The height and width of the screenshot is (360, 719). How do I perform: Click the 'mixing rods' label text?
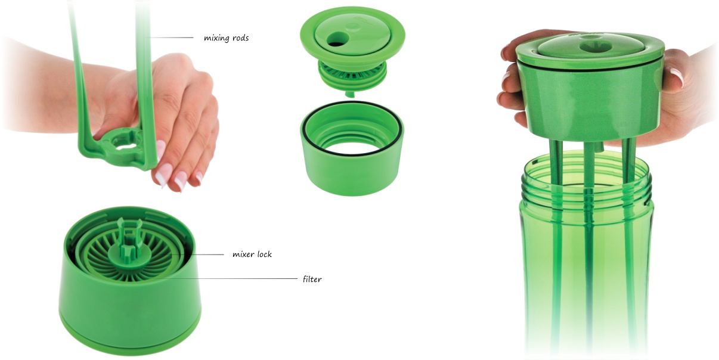227,38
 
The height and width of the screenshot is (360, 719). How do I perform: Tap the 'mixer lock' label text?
252,255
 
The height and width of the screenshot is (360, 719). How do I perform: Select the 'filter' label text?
312,279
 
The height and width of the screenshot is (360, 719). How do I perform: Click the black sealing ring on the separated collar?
352,128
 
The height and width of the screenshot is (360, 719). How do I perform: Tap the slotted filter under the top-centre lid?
352,72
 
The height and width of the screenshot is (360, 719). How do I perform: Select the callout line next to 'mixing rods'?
171,38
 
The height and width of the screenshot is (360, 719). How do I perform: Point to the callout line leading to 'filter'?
227,278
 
